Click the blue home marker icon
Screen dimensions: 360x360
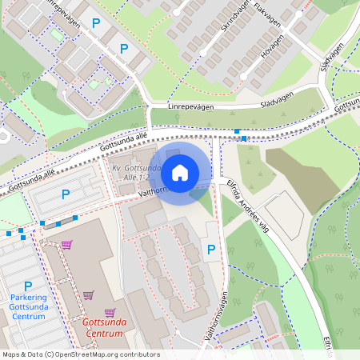(x=180, y=171)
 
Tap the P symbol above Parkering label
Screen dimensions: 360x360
(x=28, y=286)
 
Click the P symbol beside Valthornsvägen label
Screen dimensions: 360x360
(x=211, y=250)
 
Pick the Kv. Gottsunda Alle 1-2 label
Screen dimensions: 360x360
(x=137, y=174)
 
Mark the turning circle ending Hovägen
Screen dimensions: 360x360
(x=250, y=83)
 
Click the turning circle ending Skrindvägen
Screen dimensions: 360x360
(x=203, y=53)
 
